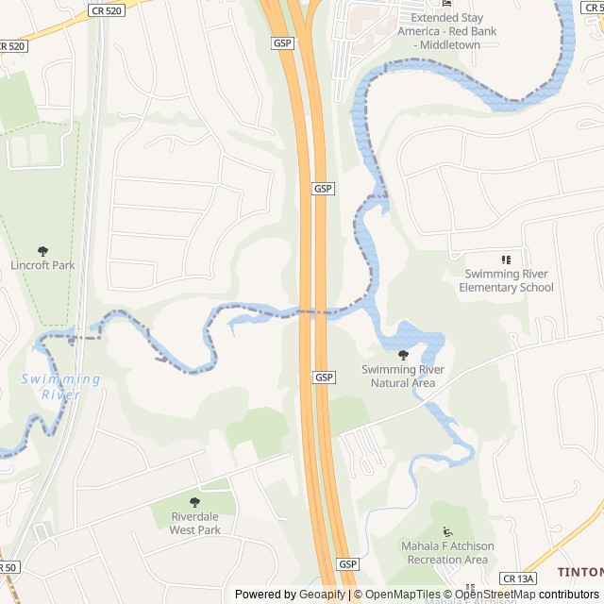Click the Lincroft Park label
pyautogui.click(x=42, y=265)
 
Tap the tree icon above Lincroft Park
pyautogui.click(x=42, y=250)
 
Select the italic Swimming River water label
pyautogui.click(x=60, y=387)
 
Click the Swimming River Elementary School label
pyautogui.click(x=506, y=280)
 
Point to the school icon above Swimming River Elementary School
pyautogui.click(x=506, y=260)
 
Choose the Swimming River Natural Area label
pyautogui.click(x=403, y=376)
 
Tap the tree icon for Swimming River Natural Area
pyautogui.click(x=404, y=355)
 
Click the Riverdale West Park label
pyautogui.click(x=195, y=523)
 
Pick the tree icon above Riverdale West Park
pyautogui.click(x=195, y=503)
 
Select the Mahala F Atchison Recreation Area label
pyautogui.click(x=447, y=553)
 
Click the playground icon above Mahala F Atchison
pyautogui.click(x=447, y=531)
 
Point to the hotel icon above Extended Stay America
pyautogui.click(x=447, y=4)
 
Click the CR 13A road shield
pyautogui.click(x=518, y=578)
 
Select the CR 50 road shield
pyautogui.click(x=8, y=567)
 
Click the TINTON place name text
pyautogui.click(x=579, y=572)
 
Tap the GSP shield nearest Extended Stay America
pyautogui.click(x=282, y=42)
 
